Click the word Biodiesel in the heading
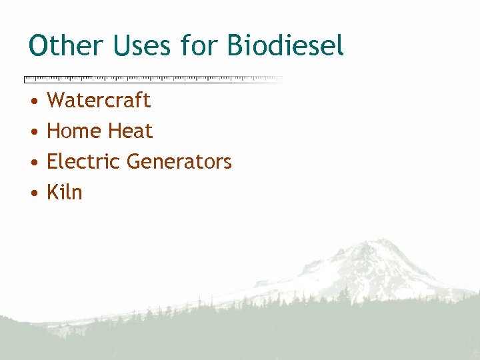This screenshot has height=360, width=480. [x=285, y=46]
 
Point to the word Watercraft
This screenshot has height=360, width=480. [x=99, y=101]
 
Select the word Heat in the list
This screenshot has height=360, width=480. [x=131, y=131]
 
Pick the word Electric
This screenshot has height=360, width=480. [x=83, y=162]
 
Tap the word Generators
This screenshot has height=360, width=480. [x=179, y=162]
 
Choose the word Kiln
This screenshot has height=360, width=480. [x=65, y=193]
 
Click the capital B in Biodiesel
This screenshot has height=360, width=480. [x=235, y=46]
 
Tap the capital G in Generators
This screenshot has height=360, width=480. [x=135, y=162]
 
